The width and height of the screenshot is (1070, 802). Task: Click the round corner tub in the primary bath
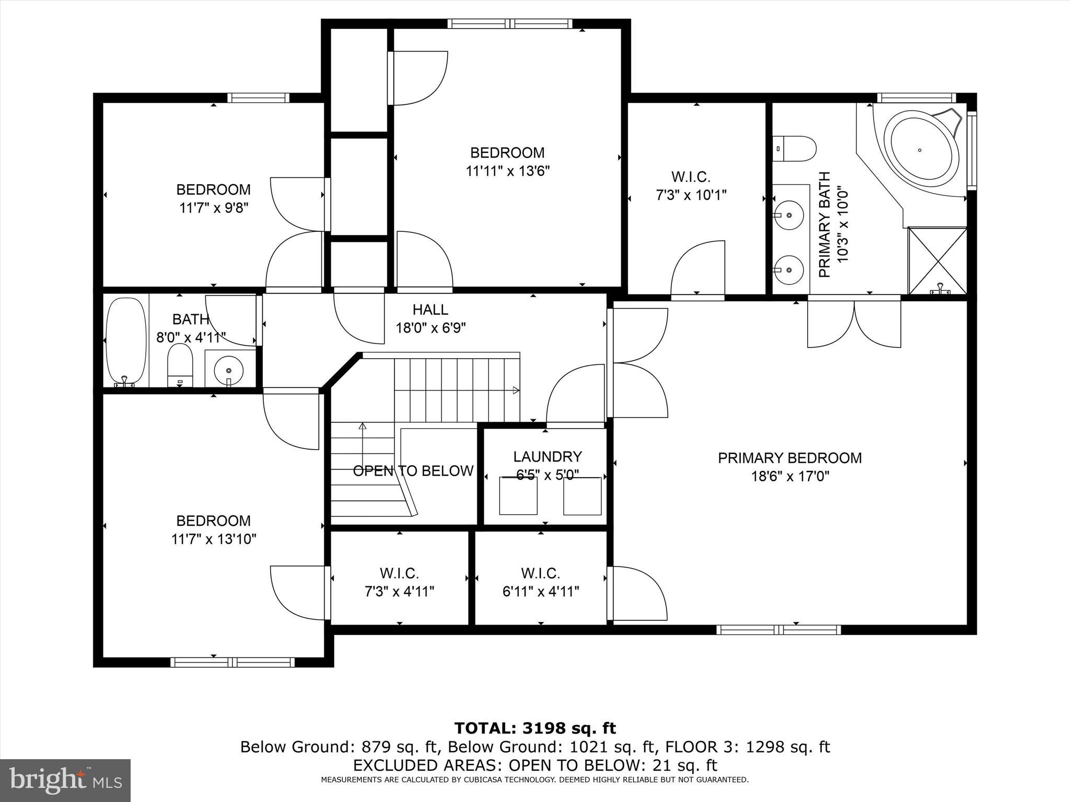(x=921, y=150)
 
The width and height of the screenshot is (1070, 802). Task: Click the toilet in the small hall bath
(x=180, y=364)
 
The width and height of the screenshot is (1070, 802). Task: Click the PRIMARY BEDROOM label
(x=789, y=458)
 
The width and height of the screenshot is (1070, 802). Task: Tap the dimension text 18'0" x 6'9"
(x=431, y=328)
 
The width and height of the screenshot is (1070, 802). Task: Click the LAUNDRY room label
(x=547, y=456)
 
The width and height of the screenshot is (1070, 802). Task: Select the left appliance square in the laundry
(x=518, y=496)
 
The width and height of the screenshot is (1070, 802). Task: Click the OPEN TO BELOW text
(x=413, y=471)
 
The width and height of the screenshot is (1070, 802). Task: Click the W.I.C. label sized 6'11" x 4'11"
(x=541, y=583)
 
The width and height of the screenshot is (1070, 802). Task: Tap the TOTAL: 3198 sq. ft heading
(x=535, y=728)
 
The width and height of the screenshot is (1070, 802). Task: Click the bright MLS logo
(x=65, y=780)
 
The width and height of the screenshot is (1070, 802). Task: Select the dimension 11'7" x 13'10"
(x=214, y=539)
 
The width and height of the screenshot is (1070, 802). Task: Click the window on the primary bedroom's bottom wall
(x=778, y=630)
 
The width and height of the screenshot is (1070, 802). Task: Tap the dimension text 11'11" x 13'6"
(x=507, y=171)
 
